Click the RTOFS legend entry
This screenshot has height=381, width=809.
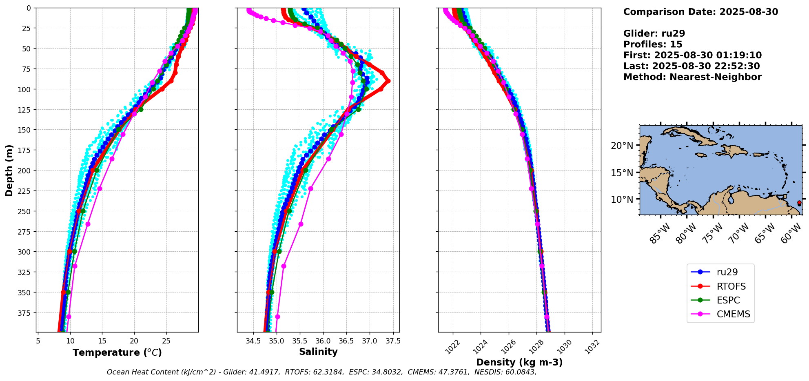(x=731, y=286)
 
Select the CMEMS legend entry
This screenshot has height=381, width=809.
(x=733, y=314)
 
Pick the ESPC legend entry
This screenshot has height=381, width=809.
(x=728, y=300)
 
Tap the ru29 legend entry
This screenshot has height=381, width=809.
(x=727, y=272)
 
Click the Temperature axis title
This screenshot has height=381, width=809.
(x=117, y=352)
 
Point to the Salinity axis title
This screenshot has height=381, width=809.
(x=318, y=352)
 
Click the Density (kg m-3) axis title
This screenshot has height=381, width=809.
(x=519, y=362)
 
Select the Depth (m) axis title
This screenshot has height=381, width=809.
(x=9, y=170)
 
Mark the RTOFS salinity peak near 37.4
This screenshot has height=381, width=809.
(x=388, y=81)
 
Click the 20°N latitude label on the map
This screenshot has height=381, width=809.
(x=622, y=146)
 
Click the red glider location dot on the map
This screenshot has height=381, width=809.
(x=799, y=203)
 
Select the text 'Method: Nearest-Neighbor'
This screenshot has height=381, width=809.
(x=692, y=77)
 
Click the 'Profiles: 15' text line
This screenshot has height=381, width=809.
(x=653, y=44)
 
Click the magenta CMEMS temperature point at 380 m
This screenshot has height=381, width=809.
(x=69, y=317)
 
